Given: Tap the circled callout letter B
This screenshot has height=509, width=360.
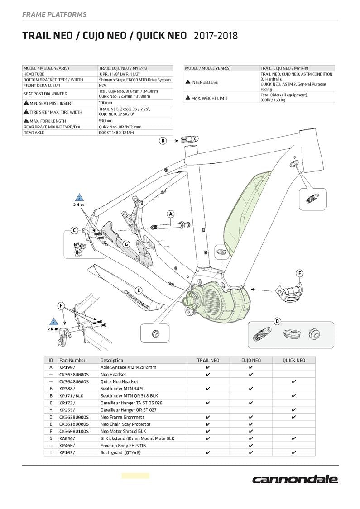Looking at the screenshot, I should point(163,141).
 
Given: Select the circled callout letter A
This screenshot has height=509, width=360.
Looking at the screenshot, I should point(171,214).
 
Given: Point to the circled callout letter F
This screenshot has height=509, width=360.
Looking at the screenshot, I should point(299,273).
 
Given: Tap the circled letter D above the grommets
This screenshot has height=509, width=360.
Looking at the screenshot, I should point(278,321).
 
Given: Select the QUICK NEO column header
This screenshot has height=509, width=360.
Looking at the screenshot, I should point(293,360).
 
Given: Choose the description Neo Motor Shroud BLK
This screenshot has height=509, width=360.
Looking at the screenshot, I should point(123,431).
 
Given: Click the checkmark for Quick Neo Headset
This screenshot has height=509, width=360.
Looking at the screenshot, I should point(293,382).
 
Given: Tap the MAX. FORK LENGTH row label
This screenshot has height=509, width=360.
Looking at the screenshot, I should point(48,121).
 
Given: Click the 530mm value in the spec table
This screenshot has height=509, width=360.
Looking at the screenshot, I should point(106,121).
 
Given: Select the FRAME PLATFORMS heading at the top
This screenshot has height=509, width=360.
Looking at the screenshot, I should point(54,15).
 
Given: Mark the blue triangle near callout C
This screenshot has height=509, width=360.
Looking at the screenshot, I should point(80,198).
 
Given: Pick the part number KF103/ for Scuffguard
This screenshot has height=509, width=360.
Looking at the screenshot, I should point(67,452).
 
